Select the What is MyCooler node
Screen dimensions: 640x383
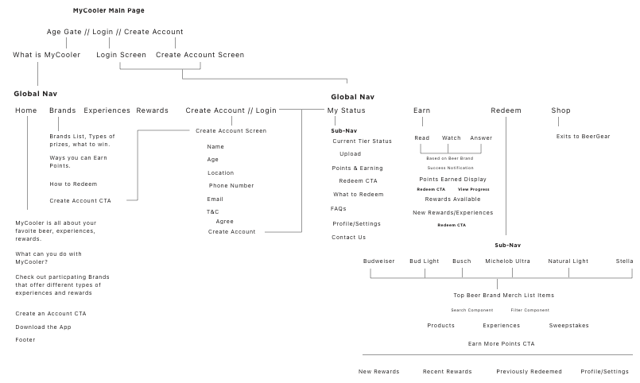tap(46, 55)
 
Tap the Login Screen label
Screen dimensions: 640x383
tap(121, 55)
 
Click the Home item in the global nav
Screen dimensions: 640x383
tap(25, 110)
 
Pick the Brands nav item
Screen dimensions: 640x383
tap(62, 110)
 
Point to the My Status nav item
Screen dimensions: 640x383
tap(346, 110)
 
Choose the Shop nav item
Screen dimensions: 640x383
tap(560, 110)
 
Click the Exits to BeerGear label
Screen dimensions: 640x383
tap(583, 137)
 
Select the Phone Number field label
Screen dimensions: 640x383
tap(231, 185)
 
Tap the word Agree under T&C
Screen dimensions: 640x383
tap(224, 221)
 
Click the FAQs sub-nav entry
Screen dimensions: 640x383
tap(339, 208)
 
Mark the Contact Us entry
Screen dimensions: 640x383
tap(348, 237)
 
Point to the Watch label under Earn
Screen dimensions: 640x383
tap(451, 138)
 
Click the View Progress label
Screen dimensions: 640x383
tap(473, 189)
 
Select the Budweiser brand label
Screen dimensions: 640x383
tap(378, 261)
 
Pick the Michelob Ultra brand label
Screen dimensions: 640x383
tap(507, 261)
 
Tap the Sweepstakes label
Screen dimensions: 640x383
tap(568, 325)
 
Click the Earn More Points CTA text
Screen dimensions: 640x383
tap(501, 343)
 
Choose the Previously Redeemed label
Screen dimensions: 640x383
tap(529, 371)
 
